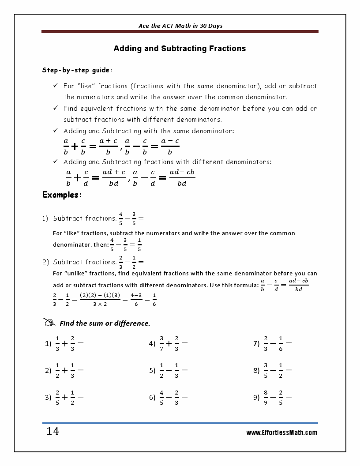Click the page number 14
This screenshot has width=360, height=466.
point(52,431)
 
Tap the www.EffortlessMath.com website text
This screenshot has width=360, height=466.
point(281,432)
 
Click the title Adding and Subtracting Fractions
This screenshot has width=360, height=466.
point(180,49)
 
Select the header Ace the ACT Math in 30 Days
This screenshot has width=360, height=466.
point(180,26)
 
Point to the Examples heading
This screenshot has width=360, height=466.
point(62,195)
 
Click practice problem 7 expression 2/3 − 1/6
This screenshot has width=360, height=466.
point(277,343)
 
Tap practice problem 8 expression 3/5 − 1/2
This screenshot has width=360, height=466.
point(277,371)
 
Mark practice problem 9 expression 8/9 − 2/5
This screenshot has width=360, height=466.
point(277,397)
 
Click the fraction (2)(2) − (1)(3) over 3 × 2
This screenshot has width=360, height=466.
point(100,299)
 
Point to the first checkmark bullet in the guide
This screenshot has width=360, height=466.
point(56,86)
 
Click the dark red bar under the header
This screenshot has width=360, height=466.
point(180,32)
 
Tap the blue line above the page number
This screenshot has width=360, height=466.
point(180,423)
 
